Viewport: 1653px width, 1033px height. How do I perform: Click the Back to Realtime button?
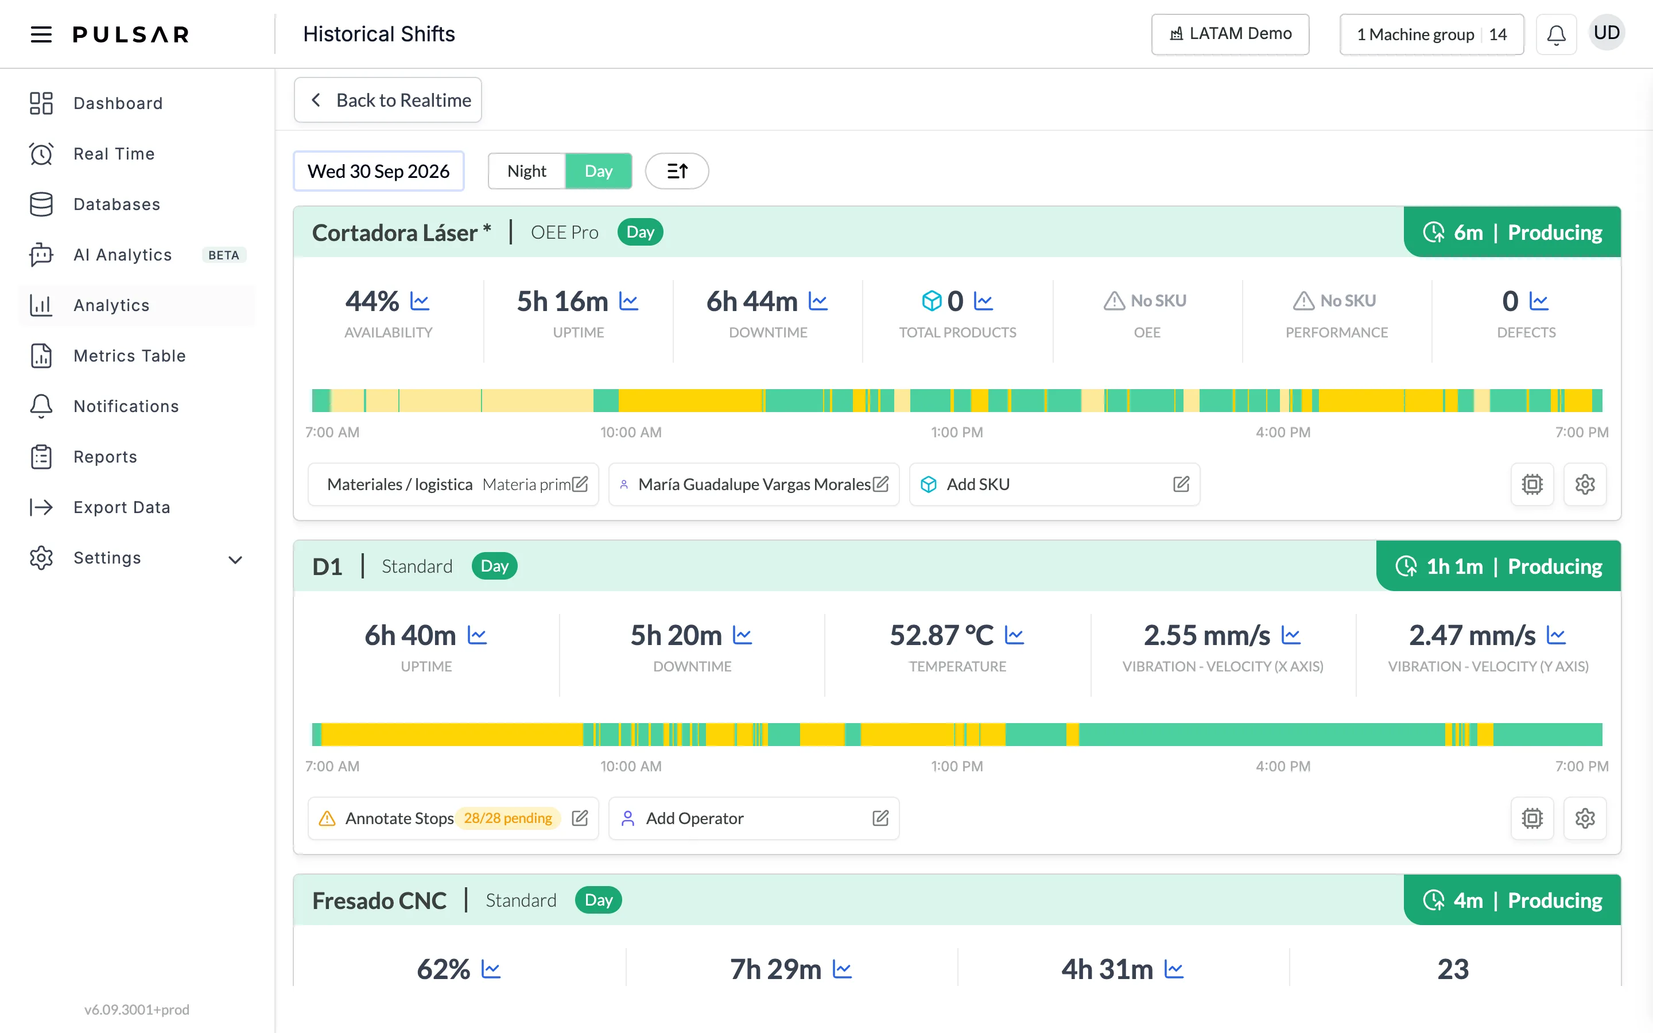coord(387,100)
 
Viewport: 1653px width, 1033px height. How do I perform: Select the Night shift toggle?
coord(527,171)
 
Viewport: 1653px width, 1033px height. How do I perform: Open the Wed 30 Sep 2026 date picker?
coord(378,171)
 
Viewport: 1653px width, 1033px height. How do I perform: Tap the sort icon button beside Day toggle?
coord(677,171)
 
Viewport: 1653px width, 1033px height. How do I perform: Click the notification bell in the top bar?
coord(1556,34)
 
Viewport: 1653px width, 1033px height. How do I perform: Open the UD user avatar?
coord(1607,33)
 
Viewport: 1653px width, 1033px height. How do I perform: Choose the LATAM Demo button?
coord(1230,34)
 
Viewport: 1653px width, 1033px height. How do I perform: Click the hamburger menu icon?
coord(41,34)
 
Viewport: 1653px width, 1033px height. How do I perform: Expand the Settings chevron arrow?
coord(235,560)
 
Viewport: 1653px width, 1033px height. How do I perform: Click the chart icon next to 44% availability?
coord(420,301)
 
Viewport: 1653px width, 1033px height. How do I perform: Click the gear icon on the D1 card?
coord(1585,818)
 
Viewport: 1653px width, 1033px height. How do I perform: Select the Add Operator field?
coord(754,818)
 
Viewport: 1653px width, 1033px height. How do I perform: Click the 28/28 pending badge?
coord(508,818)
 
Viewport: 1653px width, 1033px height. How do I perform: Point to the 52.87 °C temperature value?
coord(941,635)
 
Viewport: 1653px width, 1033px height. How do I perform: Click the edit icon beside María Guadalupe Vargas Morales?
coord(880,484)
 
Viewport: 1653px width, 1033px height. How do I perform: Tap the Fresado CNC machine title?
coord(379,900)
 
